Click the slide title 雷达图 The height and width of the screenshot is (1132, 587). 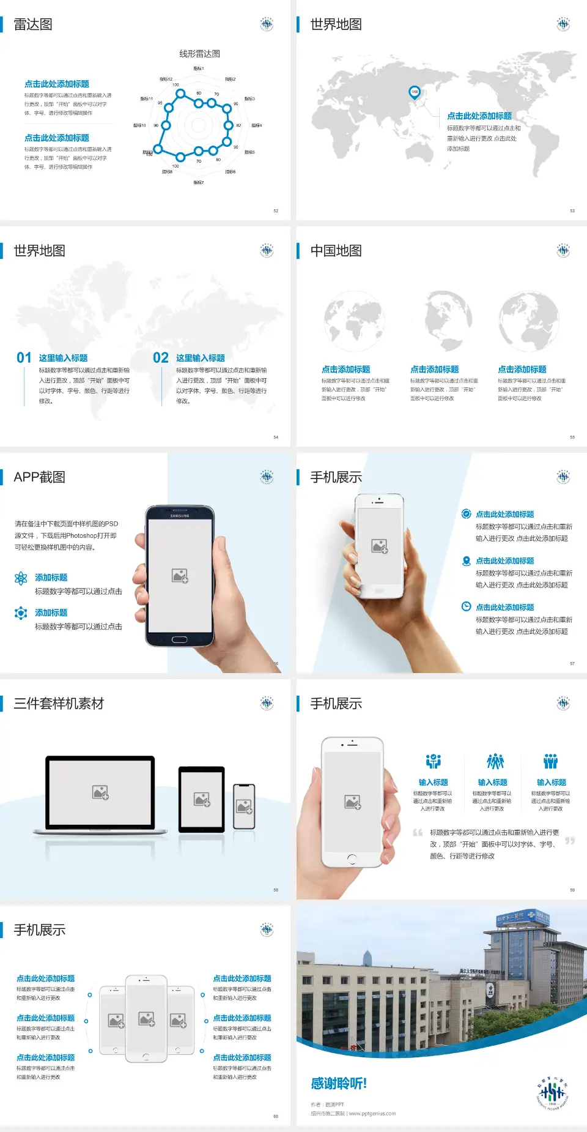pyautogui.click(x=33, y=24)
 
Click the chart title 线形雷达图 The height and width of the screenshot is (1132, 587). pyautogui.click(x=199, y=54)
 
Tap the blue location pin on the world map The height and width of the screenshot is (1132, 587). pyautogui.click(x=414, y=92)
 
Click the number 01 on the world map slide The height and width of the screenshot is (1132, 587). pyautogui.click(x=24, y=358)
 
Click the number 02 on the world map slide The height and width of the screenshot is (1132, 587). pyautogui.click(x=161, y=358)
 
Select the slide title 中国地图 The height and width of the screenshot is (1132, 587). pyautogui.click(x=336, y=251)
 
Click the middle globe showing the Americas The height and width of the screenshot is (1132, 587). pyautogui.click(x=441, y=319)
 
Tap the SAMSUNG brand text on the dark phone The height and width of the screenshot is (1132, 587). pyautogui.click(x=180, y=516)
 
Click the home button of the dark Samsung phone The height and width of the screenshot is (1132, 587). pyautogui.click(x=179, y=639)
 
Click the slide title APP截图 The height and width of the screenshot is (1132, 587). pyautogui.click(x=39, y=477)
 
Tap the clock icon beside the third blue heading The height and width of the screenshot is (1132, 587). pyautogui.click(x=466, y=606)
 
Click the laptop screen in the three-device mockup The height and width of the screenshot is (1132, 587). pyautogui.click(x=100, y=792)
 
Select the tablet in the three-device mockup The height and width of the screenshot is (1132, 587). pyautogui.click(x=201, y=799)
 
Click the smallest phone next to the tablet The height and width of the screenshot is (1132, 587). pyautogui.click(x=244, y=806)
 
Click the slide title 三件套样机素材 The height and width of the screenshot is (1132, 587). pyautogui.click(x=59, y=704)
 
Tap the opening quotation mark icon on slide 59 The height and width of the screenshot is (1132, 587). pyautogui.click(x=418, y=832)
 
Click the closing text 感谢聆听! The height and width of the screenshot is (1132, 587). pyautogui.click(x=338, y=1083)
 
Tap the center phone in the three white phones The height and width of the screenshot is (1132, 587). pyautogui.click(x=146, y=1018)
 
